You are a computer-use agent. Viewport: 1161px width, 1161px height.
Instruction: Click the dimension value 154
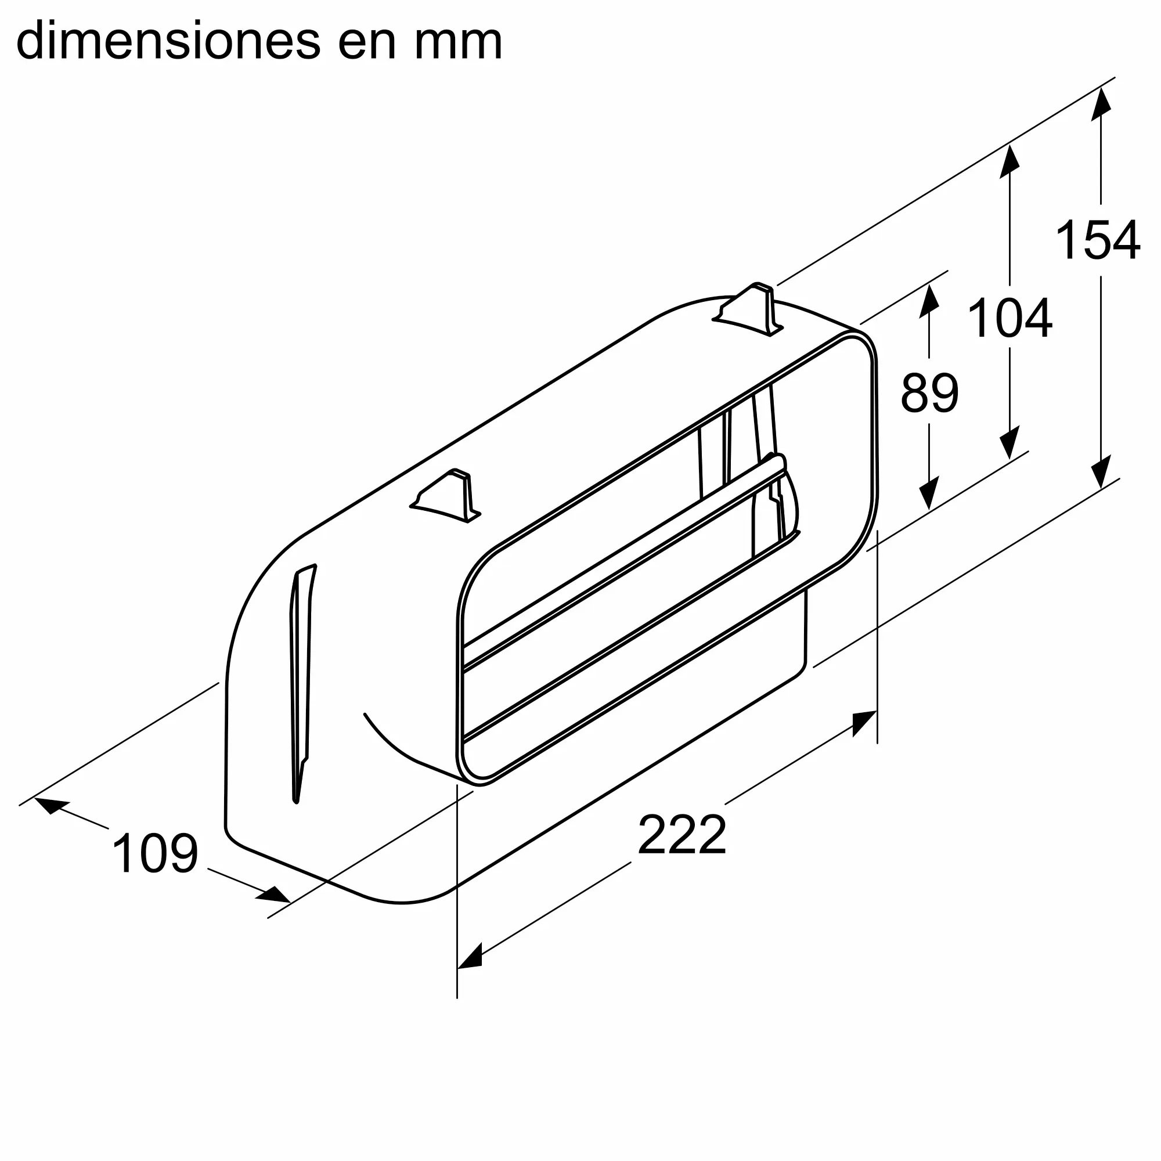[x=1097, y=240]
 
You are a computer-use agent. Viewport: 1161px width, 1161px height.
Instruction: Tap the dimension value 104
[x=1009, y=319]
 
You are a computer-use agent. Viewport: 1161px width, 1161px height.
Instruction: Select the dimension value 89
[x=929, y=393]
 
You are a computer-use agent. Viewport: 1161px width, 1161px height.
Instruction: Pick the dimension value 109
[x=155, y=853]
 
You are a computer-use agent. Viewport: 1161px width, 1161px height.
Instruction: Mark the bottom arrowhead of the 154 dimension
[x=1101, y=472]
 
